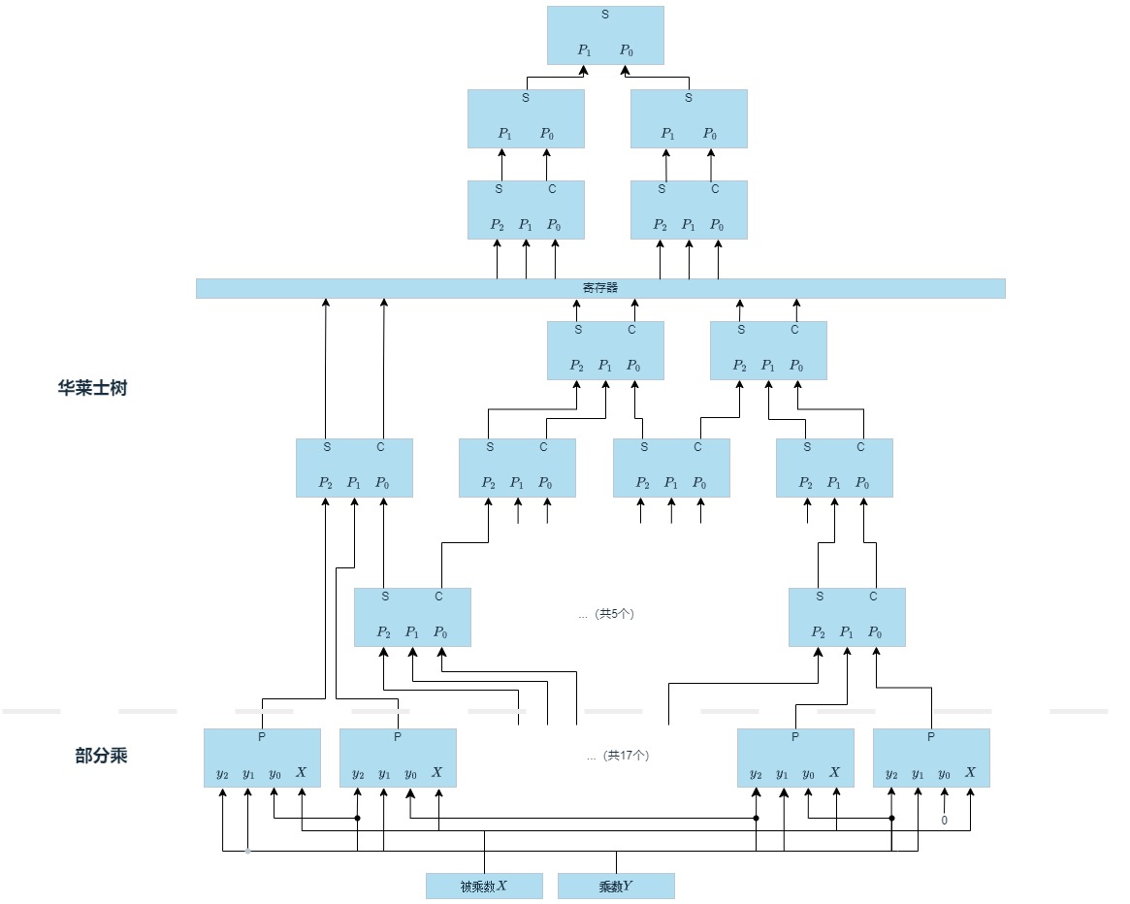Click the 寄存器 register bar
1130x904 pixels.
point(600,288)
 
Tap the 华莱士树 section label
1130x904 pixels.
point(92,388)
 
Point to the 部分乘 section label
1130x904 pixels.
point(101,756)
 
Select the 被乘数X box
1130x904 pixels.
point(484,886)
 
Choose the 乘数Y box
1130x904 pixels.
point(616,886)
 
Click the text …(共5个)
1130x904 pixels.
point(606,614)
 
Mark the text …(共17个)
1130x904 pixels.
point(618,756)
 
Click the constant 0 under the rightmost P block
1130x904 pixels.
point(944,821)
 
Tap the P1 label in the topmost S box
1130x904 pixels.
point(584,49)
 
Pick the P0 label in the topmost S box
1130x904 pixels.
point(627,49)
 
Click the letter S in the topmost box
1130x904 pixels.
point(605,15)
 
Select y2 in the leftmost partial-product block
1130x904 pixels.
point(223,773)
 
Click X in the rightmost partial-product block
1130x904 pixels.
point(970,773)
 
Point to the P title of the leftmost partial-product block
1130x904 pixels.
point(262,737)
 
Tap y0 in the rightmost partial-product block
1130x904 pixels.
point(944,773)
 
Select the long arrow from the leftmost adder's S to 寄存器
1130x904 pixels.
point(325,369)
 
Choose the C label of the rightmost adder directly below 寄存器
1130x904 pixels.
point(794,330)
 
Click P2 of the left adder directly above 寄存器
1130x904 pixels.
point(497,225)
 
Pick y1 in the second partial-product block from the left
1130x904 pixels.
point(384,773)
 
